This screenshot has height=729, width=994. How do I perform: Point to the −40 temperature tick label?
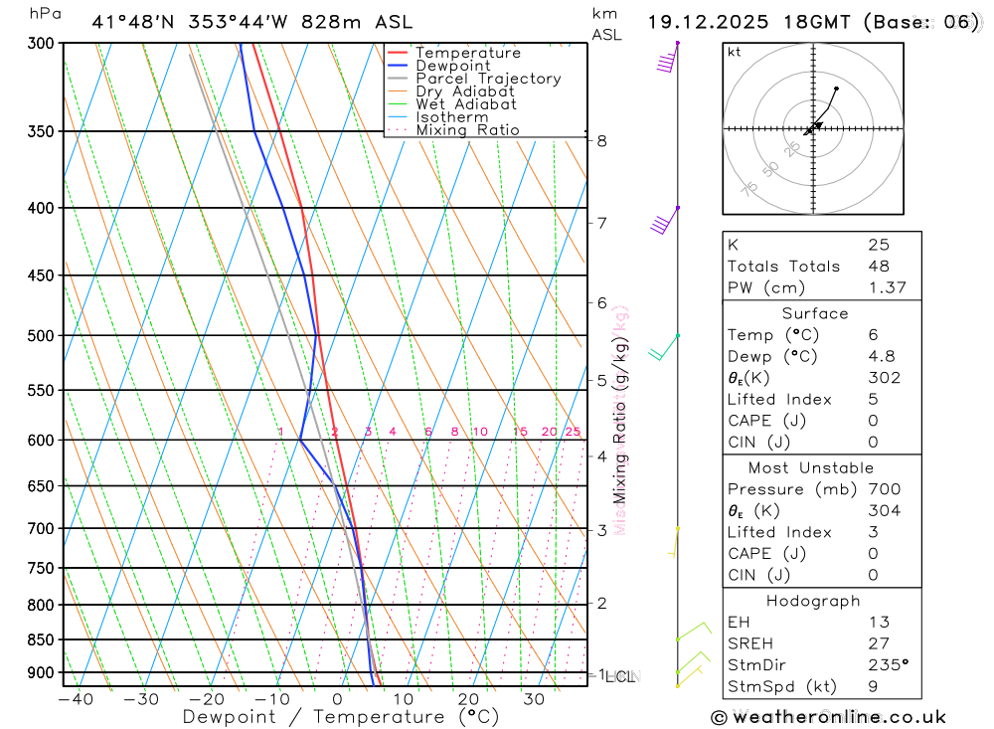click(x=76, y=699)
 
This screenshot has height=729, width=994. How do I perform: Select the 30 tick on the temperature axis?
click(x=534, y=699)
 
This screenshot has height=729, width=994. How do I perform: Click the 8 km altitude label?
click(x=602, y=141)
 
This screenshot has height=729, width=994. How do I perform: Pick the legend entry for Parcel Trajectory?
click(x=487, y=79)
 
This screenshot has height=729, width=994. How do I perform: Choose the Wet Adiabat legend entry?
click(x=465, y=104)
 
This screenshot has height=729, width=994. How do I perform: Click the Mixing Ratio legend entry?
click(x=467, y=130)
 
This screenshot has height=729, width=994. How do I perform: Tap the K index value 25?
click(x=879, y=245)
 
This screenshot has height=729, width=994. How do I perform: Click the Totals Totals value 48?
click(x=879, y=267)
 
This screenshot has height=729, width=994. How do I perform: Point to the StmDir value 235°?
click(x=888, y=664)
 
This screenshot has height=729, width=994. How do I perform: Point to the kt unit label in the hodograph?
click(x=735, y=52)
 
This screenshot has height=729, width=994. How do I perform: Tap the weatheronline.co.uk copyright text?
click(x=828, y=717)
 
